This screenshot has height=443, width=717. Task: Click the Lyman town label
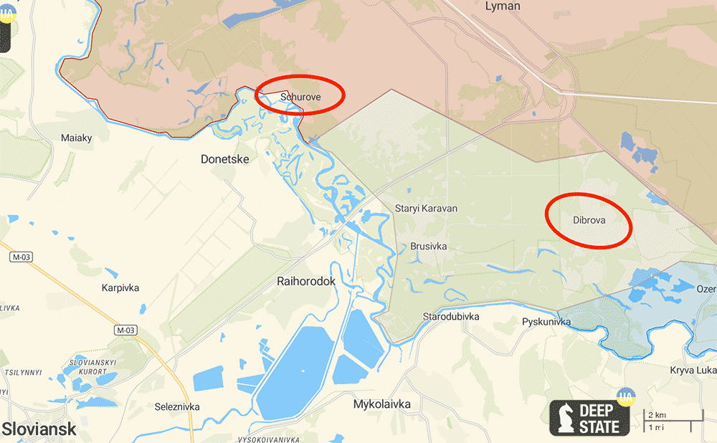pyautogui.click(x=502, y=6)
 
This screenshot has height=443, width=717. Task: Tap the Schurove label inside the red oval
pyautogui.click(x=300, y=96)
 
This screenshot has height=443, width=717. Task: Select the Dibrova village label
pyautogui.click(x=589, y=220)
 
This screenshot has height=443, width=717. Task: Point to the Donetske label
pyautogui.click(x=224, y=159)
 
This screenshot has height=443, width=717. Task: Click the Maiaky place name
pyautogui.click(x=77, y=138)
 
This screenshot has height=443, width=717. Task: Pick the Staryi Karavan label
pyautogui.click(x=426, y=209)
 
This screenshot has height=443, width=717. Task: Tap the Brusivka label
pyautogui.click(x=429, y=247)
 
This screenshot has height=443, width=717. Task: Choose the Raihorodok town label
pyautogui.click(x=306, y=282)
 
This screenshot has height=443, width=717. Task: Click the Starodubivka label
pyautogui.click(x=451, y=316)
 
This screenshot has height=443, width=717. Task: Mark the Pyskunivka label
pyautogui.click(x=546, y=322)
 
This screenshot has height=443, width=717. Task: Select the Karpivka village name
pyautogui.click(x=120, y=288)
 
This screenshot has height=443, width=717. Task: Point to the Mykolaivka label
pyautogui.click(x=382, y=404)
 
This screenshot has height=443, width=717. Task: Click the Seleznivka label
pyautogui.click(x=177, y=407)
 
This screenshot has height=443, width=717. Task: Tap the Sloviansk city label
pyautogui.click(x=39, y=429)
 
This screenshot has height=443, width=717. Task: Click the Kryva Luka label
pyautogui.click(x=693, y=370)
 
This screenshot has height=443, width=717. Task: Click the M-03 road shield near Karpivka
pyautogui.click(x=125, y=330)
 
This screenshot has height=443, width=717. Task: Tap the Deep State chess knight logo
pyautogui.click(x=564, y=419)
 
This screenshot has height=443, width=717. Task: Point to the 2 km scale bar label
pyautogui.click(x=657, y=415)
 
